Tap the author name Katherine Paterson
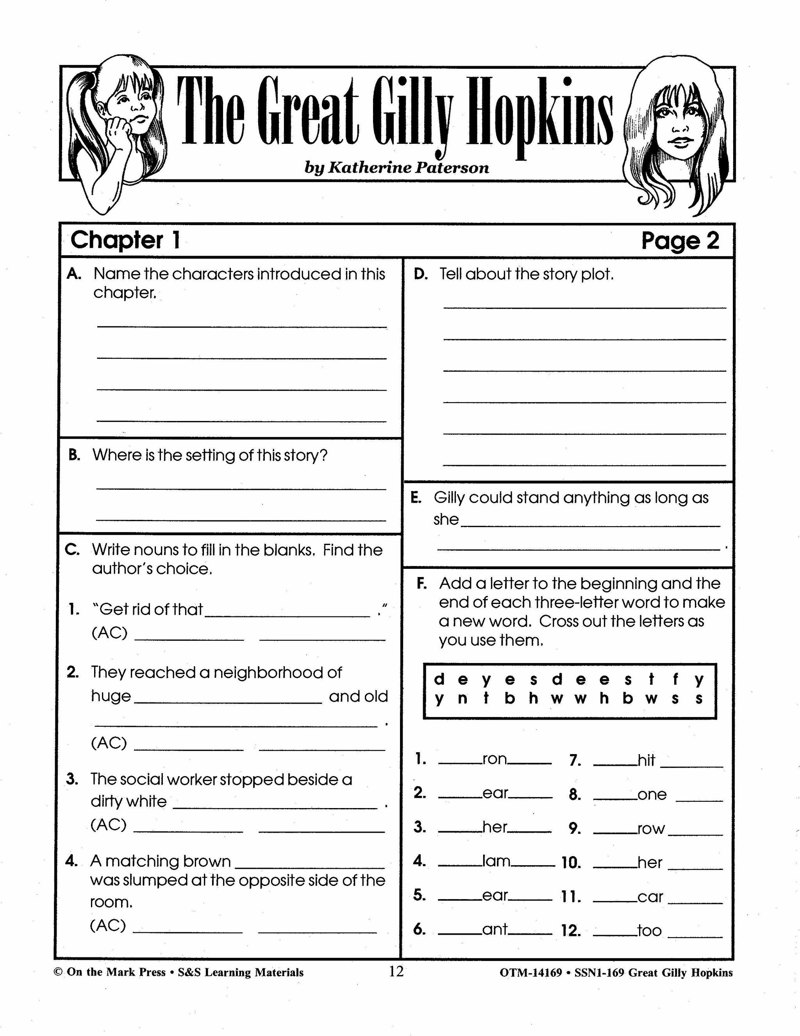[x=396, y=168]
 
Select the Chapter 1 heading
[x=125, y=240]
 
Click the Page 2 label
[x=680, y=241]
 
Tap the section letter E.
[x=416, y=498]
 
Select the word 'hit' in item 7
[x=646, y=760]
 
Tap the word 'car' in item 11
[x=650, y=896]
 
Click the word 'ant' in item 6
[x=495, y=929]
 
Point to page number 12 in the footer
[x=396, y=971]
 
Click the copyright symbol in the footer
[x=58, y=972]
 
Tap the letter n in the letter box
[x=462, y=699]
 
